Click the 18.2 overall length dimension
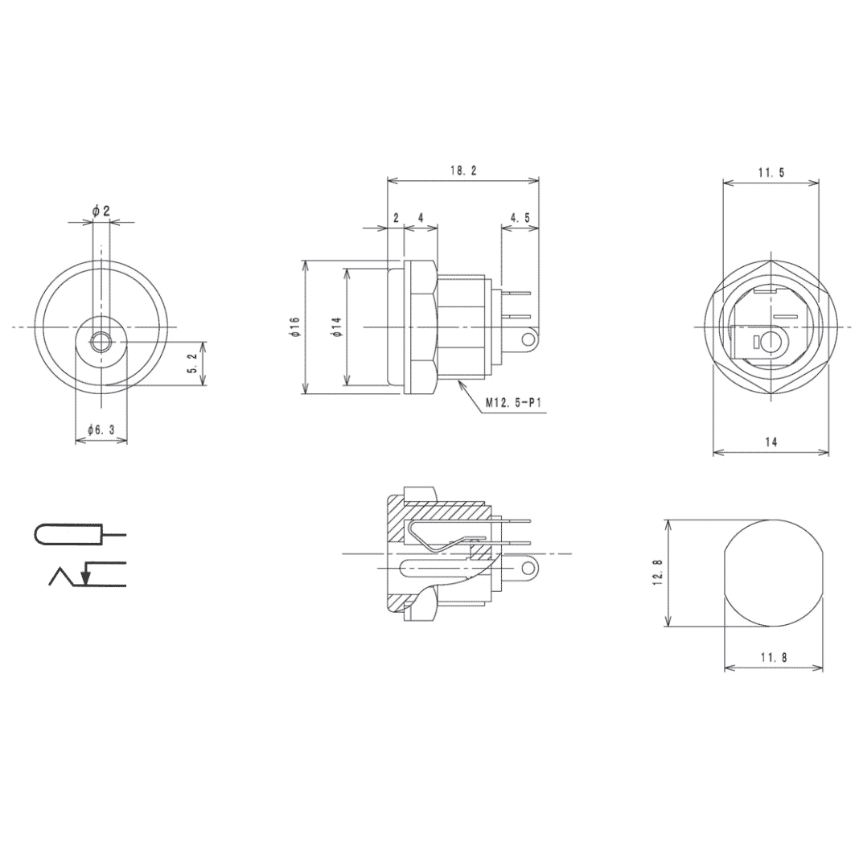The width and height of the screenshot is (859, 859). [463, 171]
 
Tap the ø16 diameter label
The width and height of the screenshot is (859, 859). [294, 327]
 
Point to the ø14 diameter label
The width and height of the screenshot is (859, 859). [336, 327]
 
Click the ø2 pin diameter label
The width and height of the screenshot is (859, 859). [101, 211]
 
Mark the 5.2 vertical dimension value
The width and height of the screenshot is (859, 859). [190, 364]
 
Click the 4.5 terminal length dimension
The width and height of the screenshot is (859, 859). [520, 218]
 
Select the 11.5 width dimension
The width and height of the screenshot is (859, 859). [771, 172]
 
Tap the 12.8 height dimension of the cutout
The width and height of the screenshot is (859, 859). [658, 573]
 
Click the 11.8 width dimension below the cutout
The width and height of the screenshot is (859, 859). [774, 657]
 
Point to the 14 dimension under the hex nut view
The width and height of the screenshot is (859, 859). [771, 442]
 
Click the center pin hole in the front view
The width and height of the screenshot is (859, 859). [101, 343]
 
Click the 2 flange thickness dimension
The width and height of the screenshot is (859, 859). [396, 218]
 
